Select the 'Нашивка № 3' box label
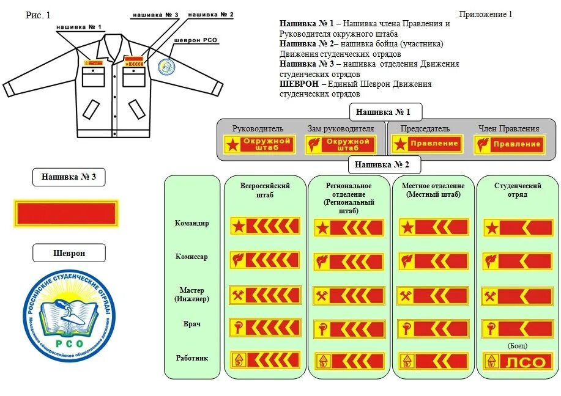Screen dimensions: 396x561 tap(69, 177)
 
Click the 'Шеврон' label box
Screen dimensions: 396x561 tap(69, 253)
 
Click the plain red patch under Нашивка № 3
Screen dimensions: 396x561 tap(66, 214)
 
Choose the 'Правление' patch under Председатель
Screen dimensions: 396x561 tap(426, 144)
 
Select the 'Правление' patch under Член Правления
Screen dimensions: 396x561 tap(508, 144)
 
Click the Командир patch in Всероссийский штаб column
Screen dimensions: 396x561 tap(265, 226)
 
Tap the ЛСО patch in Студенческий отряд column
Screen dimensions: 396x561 tap(517, 361)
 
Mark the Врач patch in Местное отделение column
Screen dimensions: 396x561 tap(433, 329)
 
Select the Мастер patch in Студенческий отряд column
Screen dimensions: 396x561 tap(517, 296)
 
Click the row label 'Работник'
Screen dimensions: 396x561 tap(192, 358)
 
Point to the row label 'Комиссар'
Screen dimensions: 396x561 tap(192, 257)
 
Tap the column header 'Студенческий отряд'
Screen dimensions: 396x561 tap(518, 189)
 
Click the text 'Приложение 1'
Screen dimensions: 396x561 tap(486, 14)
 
